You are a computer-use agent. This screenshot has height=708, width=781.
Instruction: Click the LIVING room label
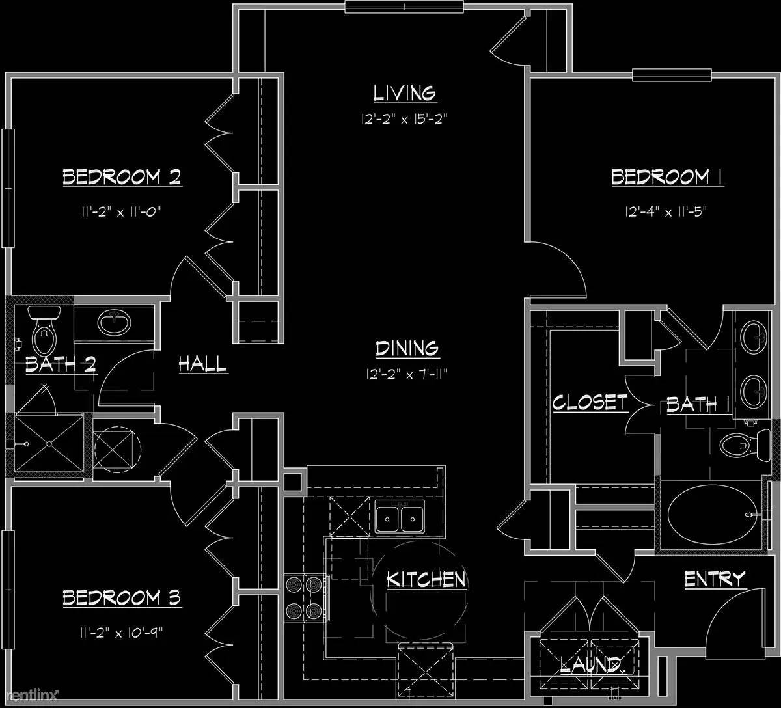click(405, 93)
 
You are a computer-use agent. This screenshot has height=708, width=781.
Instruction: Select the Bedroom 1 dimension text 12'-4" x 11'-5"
click(666, 212)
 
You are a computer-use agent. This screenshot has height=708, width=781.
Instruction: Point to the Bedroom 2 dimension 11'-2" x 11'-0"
click(121, 212)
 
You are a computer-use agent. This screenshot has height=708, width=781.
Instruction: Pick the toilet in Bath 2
click(45, 329)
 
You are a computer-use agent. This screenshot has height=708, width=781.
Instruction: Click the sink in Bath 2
click(115, 323)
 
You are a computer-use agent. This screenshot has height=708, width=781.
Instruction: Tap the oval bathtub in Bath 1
click(713, 515)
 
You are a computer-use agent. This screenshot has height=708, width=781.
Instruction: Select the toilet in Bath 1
click(745, 444)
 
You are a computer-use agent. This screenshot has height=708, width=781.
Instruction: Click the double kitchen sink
click(399, 517)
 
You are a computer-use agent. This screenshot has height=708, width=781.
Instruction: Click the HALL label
click(203, 364)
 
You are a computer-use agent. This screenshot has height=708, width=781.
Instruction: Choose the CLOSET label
click(590, 402)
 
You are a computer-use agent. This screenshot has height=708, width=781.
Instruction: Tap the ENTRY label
click(715, 579)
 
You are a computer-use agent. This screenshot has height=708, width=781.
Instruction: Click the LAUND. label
click(592, 665)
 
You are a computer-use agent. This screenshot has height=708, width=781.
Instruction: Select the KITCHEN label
click(426, 580)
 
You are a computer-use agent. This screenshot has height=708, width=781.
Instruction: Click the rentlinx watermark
click(29, 694)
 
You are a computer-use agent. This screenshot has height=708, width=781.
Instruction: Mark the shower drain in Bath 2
click(49, 444)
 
